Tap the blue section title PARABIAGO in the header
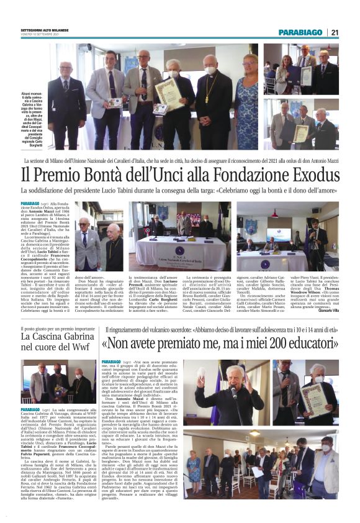click(300, 32)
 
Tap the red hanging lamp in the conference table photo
click(271, 214)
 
